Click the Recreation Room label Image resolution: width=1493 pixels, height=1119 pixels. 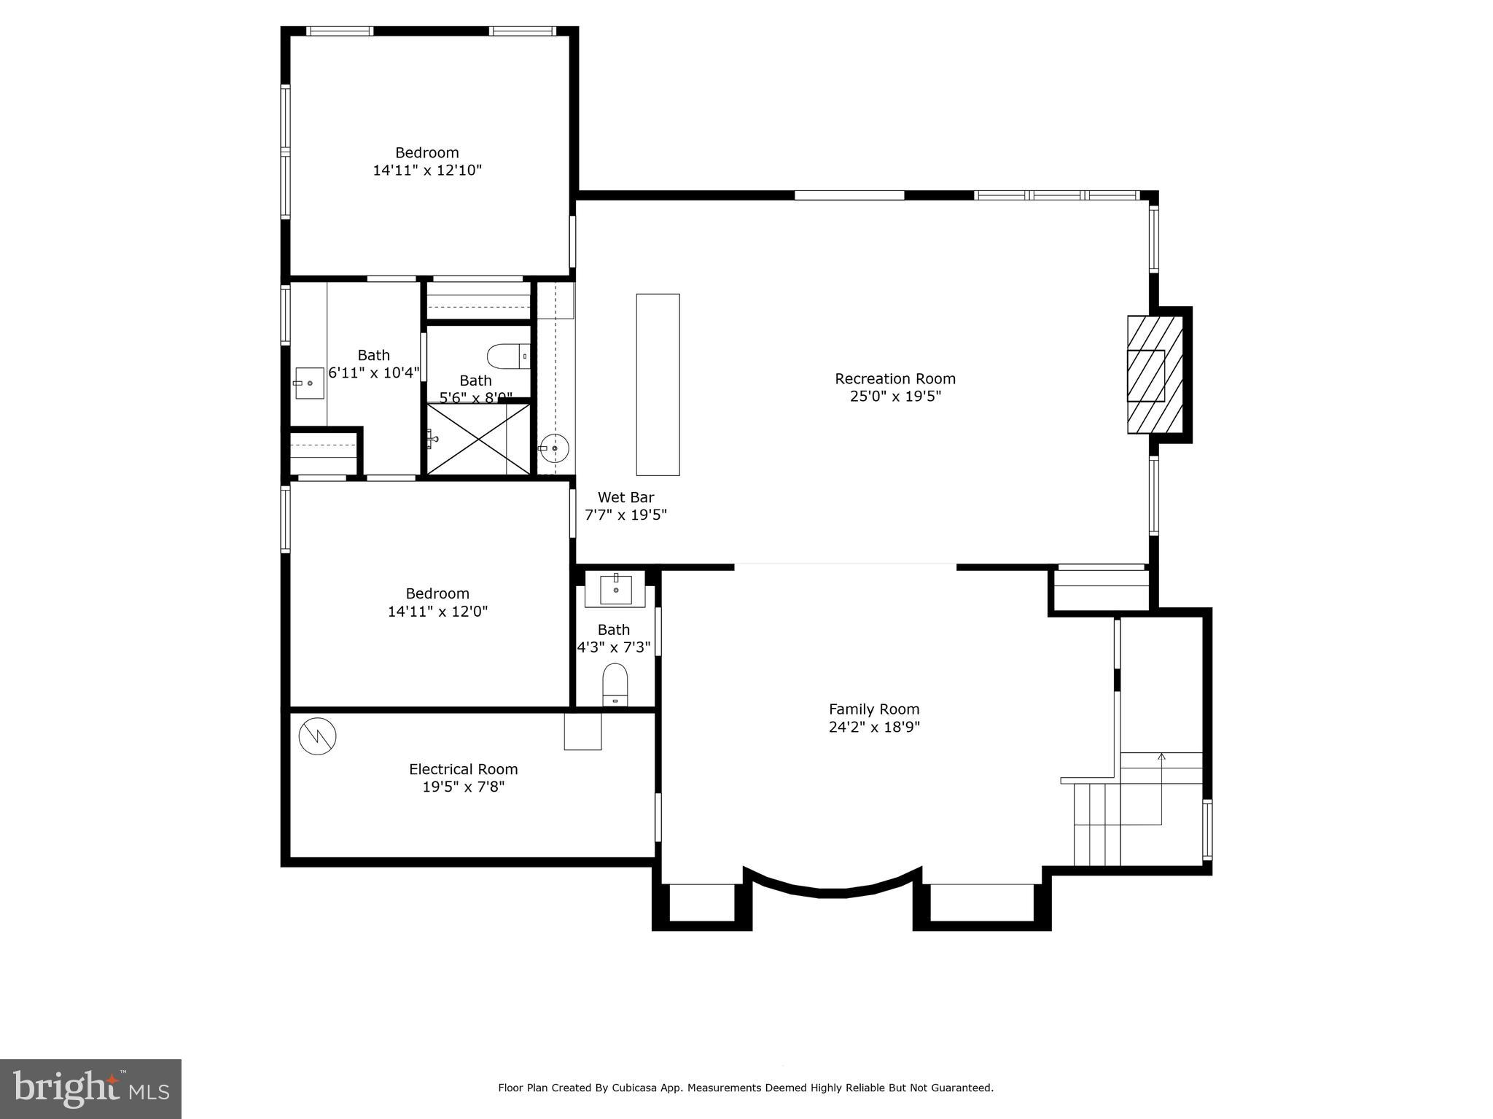tap(894, 378)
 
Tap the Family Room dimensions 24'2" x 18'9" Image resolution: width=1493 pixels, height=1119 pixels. tap(874, 727)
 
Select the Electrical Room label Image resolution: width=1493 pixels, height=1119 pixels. tap(463, 769)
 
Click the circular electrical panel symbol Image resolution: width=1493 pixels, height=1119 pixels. tap(317, 736)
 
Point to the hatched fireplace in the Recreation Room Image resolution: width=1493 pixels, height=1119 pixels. tap(1154, 375)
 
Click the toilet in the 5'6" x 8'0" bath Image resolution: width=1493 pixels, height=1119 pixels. tap(508, 356)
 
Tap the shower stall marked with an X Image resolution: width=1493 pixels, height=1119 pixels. tap(478, 439)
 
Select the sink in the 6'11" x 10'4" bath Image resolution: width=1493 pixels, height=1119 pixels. tap(309, 383)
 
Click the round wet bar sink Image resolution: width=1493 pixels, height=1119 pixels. tap(554, 448)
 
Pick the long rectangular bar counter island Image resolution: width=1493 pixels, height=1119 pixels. tap(658, 384)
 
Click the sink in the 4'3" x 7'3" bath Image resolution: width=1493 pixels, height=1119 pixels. tap(615, 589)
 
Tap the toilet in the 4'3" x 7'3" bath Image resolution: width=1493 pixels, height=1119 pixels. tap(615, 684)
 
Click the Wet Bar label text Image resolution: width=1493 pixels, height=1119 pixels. tap(625, 497)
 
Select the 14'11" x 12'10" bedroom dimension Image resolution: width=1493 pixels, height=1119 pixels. tap(427, 171)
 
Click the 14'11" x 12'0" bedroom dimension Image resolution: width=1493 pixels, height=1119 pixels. tap(437, 611)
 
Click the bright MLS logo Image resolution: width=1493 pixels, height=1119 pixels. tap(90, 1088)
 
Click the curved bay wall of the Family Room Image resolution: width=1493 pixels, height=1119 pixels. tap(832, 891)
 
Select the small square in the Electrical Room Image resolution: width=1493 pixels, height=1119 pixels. tap(582, 731)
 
